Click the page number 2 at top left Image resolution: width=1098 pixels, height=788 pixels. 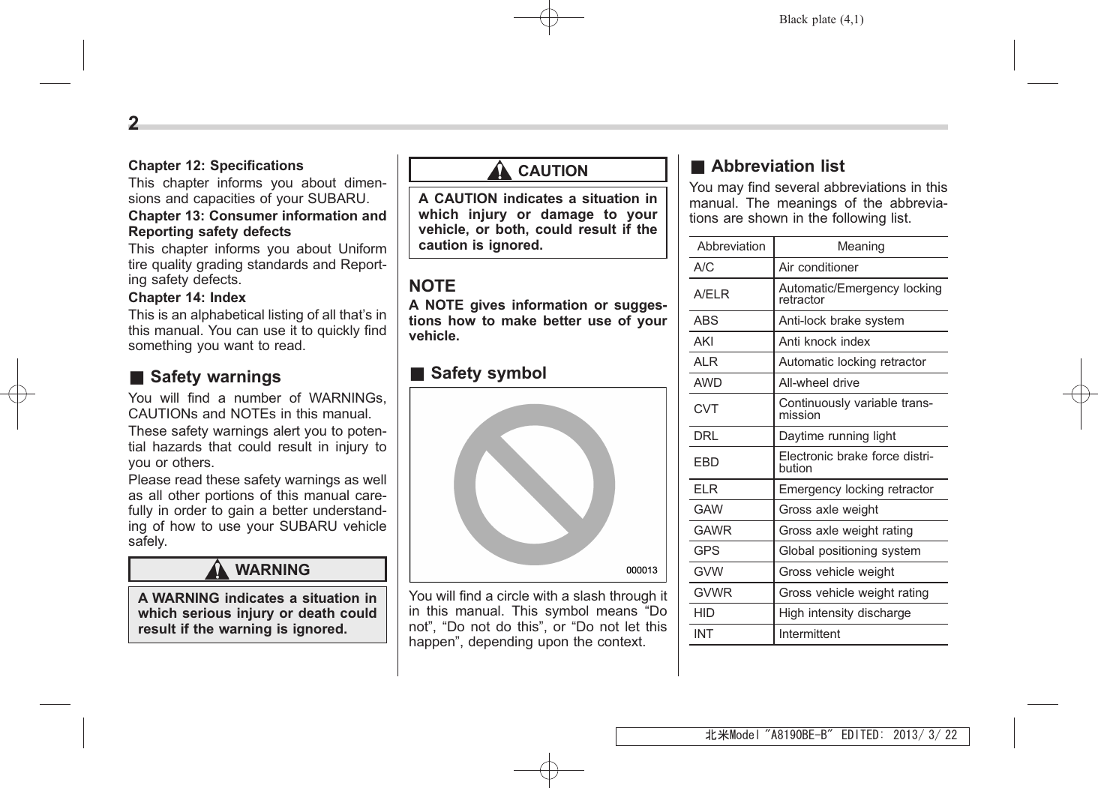[x=133, y=124]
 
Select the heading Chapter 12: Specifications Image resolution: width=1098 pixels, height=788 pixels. [x=216, y=166]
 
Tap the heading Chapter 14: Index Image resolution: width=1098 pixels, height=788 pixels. [x=187, y=298]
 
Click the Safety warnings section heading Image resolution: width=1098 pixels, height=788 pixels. [x=214, y=377]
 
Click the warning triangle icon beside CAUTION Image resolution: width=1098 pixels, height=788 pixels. [x=499, y=171]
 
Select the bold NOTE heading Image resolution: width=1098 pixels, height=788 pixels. [x=432, y=286]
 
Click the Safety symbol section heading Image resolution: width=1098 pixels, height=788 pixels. [x=487, y=373]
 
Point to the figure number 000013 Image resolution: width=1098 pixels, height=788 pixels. [x=641, y=571]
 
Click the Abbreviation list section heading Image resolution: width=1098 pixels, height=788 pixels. [x=776, y=166]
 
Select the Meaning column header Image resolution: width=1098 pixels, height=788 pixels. [x=860, y=247]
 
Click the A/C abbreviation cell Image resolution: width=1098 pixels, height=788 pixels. [x=703, y=268]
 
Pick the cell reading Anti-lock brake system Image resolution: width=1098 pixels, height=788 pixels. [x=841, y=321]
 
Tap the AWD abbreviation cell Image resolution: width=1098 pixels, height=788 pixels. [x=707, y=383]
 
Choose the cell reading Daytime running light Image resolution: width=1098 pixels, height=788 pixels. [x=837, y=436]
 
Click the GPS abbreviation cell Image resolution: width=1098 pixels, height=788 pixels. [x=706, y=551]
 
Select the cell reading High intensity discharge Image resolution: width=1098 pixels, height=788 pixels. [x=844, y=613]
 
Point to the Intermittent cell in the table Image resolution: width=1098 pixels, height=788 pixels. [x=809, y=634]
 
